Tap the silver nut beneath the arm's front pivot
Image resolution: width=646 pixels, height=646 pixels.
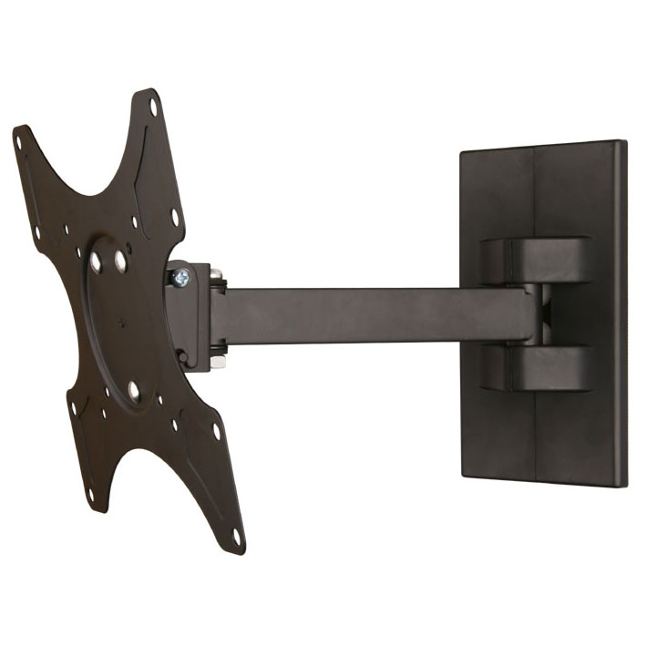tap(218, 362)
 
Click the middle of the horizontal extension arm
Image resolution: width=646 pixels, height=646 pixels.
tap(374, 315)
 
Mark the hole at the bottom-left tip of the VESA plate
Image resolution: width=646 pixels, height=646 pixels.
tap(89, 497)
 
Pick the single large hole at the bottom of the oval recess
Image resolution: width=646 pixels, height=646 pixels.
tap(134, 391)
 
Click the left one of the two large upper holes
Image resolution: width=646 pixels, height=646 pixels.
tap(96, 263)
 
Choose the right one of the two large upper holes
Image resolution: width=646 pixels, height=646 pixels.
tap(120, 261)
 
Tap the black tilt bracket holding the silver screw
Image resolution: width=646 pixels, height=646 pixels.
tap(187, 314)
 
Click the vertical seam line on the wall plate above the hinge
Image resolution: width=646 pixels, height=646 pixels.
tap(532, 191)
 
